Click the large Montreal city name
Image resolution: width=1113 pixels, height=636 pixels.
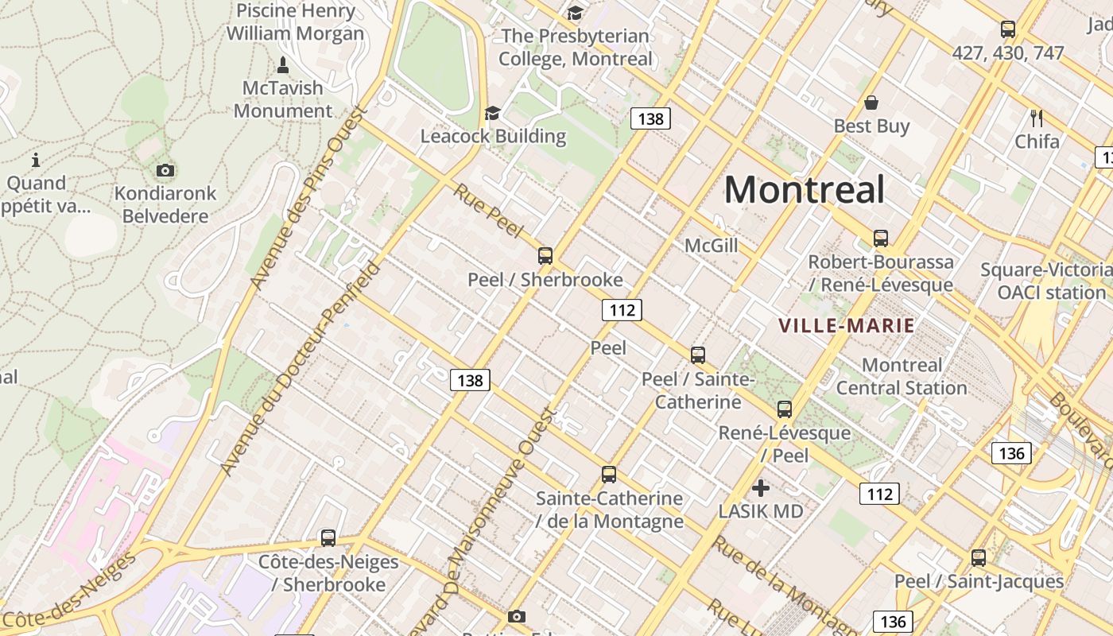coord(804,190)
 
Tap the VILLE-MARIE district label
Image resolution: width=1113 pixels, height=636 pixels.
coord(847,325)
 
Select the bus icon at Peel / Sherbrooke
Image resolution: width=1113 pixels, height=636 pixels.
coord(545,256)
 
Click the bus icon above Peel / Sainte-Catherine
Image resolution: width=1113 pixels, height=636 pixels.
coord(697,355)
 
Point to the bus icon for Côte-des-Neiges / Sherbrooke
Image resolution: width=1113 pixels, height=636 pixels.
coord(328,538)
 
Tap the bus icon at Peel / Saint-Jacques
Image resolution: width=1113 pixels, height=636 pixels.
coord(978,557)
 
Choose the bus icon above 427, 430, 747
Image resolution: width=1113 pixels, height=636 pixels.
coord(1007,29)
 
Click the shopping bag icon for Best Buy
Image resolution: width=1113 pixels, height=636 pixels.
coord(871,103)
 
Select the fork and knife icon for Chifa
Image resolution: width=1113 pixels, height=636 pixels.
coord(1036,118)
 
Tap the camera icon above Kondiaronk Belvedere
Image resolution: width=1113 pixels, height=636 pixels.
coord(165,170)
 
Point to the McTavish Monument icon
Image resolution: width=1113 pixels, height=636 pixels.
coord(282,64)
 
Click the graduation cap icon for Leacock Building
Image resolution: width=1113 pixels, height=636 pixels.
coord(493,113)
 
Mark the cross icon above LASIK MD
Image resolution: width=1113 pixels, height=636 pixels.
coord(761,488)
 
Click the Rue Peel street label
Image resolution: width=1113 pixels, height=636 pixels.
coord(488,211)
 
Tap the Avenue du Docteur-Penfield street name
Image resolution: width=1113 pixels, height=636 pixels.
coord(298,370)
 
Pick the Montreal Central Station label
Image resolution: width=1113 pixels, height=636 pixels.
coord(902,377)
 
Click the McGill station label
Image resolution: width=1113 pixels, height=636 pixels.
coord(711,246)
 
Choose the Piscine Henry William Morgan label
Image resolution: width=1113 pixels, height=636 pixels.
coord(295,22)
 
